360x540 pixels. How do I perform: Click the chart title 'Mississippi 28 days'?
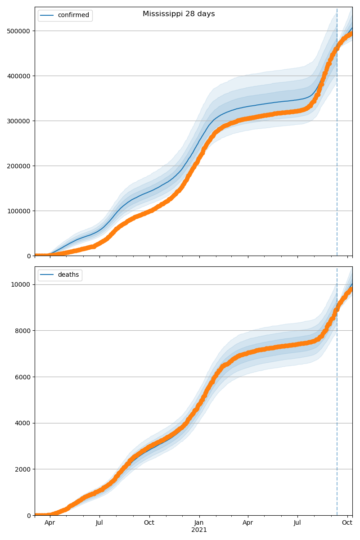tap(179, 14)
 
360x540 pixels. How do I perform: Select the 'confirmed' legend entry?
tap(73, 15)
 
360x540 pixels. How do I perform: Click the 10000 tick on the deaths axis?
tap(21, 284)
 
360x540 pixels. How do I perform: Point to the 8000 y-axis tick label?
tap(22, 331)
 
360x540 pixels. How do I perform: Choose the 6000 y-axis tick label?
tap(22, 377)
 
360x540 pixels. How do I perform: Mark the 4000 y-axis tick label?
tap(22, 423)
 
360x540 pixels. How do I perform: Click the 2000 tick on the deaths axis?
tap(22, 469)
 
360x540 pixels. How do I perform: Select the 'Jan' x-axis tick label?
tap(199, 523)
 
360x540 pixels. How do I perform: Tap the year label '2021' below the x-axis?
tap(199, 530)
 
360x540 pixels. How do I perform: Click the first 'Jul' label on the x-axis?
tap(99, 523)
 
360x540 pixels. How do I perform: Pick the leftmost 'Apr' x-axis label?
tap(49, 523)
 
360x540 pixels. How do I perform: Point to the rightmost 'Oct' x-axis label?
tap(347, 523)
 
